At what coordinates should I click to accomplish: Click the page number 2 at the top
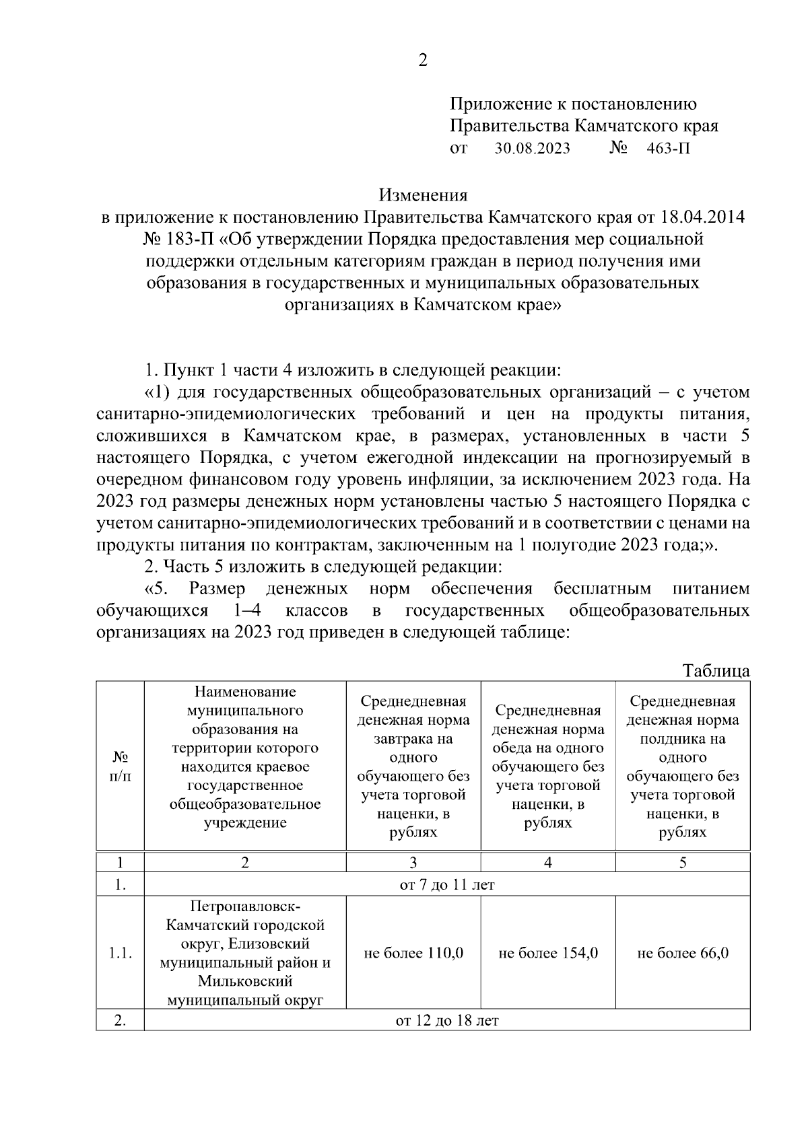pyautogui.click(x=423, y=61)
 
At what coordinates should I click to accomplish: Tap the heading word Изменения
pyautogui.click(x=423, y=196)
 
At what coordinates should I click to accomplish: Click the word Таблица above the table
pyautogui.click(x=716, y=671)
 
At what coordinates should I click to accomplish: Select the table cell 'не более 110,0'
pyautogui.click(x=413, y=953)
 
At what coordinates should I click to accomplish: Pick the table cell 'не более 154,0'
pyautogui.click(x=548, y=953)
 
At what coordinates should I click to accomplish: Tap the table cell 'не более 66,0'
pyautogui.click(x=683, y=953)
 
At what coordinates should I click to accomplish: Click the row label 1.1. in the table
pyautogui.click(x=120, y=953)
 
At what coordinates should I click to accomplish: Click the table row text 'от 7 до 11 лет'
pyautogui.click(x=447, y=884)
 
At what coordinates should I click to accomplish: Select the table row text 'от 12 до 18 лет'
pyautogui.click(x=447, y=1021)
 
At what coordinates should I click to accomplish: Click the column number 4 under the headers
pyautogui.click(x=548, y=863)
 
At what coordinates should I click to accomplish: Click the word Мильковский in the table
pyautogui.click(x=245, y=982)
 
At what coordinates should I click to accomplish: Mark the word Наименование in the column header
pyautogui.click(x=245, y=692)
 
